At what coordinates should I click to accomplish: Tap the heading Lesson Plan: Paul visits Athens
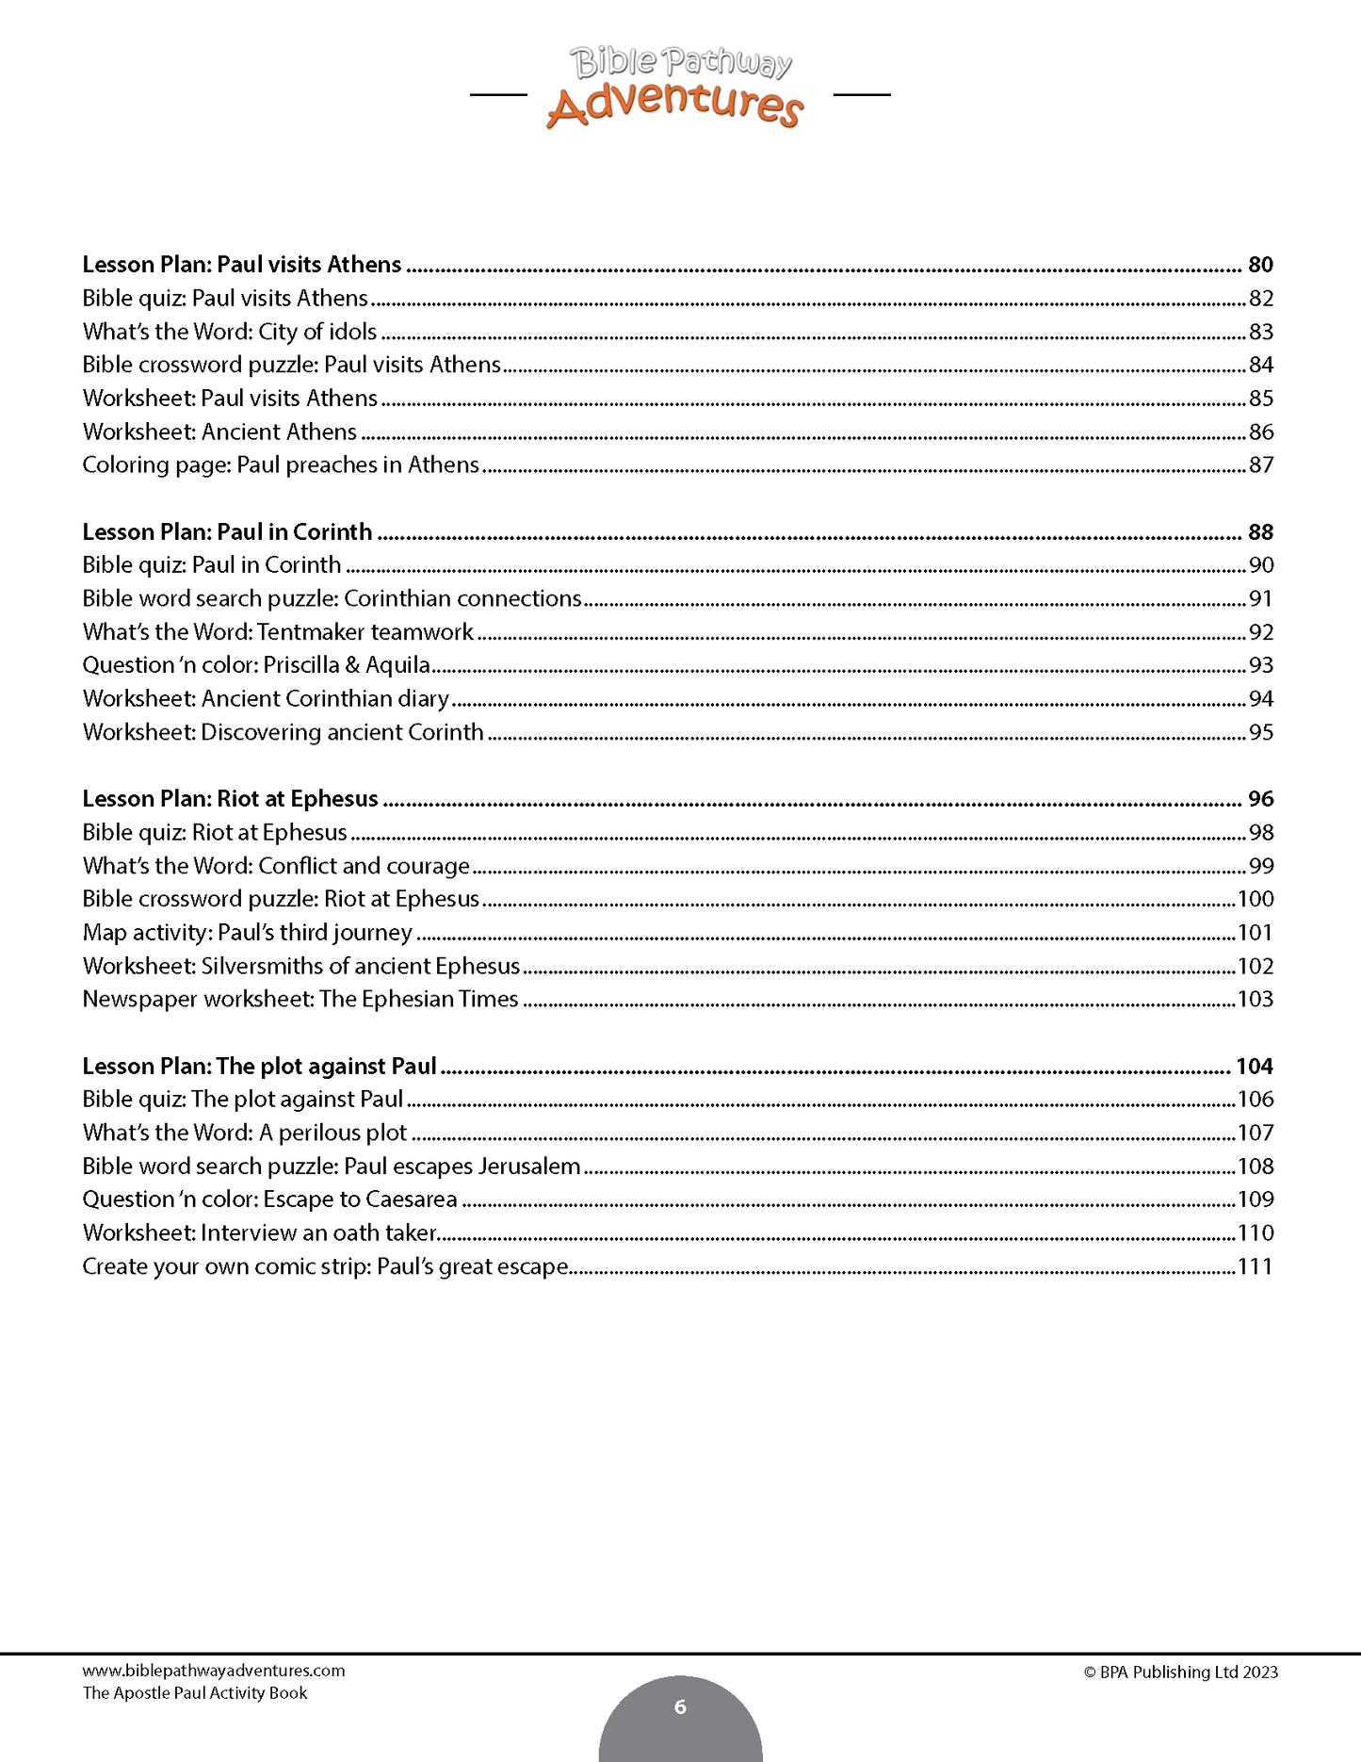point(242,265)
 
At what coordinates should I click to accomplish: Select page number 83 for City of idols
point(1260,332)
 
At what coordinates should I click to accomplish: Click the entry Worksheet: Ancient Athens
point(219,432)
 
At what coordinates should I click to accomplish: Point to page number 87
point(1260,465)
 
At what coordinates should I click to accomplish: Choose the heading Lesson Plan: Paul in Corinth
point(227,532)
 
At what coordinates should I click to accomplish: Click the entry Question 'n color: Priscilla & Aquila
point(256,665)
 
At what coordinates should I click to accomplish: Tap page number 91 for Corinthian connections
point(1260,598)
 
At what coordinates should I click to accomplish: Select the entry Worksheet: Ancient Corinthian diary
point(266,699)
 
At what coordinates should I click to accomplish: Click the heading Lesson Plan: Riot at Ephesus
point(230,799)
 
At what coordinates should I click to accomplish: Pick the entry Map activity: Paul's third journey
point(247,933)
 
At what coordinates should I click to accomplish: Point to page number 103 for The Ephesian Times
point(1255,1000)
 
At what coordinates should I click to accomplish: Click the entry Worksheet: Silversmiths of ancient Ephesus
point(300,966)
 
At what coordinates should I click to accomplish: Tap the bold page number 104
point(1254,1067)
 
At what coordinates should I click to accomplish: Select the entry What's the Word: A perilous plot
point(244,1133)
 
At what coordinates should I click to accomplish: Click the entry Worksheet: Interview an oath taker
point(260,1232)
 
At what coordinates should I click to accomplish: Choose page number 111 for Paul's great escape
point(1255,1266)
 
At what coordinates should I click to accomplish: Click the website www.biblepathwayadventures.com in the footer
point(214,1671)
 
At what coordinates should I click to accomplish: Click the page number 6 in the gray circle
point(680,1706)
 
